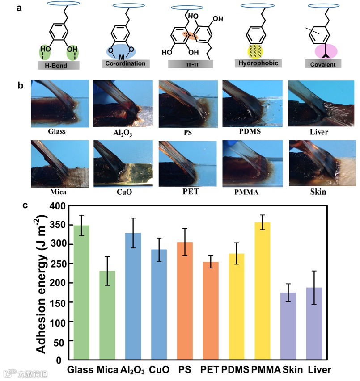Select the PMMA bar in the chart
click(262, 290)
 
